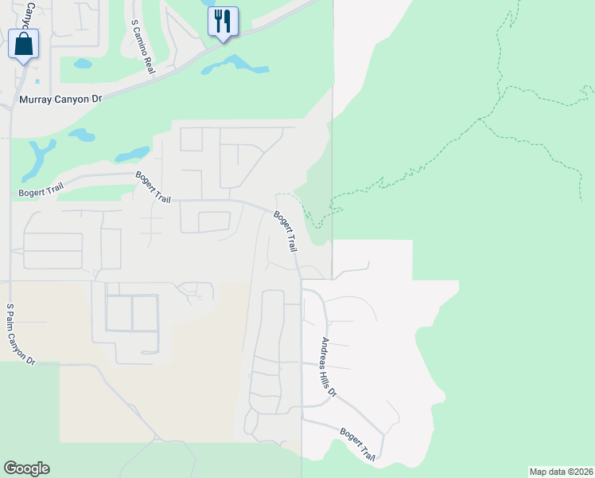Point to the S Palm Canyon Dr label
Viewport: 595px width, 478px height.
coord(21,334)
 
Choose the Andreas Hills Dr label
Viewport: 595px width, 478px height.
coord(329,368)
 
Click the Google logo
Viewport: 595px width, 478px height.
coord(26,468)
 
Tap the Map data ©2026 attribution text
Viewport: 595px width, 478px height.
coord(561,472)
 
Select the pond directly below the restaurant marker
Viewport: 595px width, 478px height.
coord(235,64)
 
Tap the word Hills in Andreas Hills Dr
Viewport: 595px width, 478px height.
coord(330,378)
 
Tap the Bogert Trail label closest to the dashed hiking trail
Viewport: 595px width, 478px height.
coord(286,232)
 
